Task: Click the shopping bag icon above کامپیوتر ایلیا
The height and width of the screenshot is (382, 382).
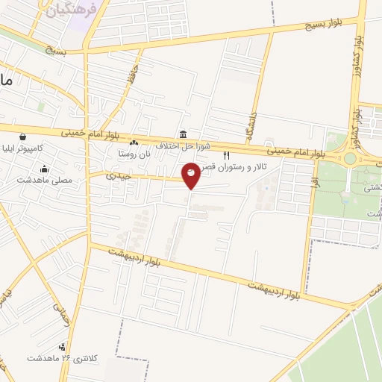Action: click(23, 137)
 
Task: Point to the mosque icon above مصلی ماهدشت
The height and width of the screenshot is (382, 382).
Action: click(44, 169)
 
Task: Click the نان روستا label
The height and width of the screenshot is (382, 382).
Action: click(133, 153)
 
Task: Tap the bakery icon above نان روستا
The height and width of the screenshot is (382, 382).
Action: click(134, 143)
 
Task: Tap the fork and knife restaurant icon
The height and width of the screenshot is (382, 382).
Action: click(227, 156)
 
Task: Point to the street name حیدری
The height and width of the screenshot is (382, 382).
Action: click(118, 176)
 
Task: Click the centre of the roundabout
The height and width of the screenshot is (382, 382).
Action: click(349, 158)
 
